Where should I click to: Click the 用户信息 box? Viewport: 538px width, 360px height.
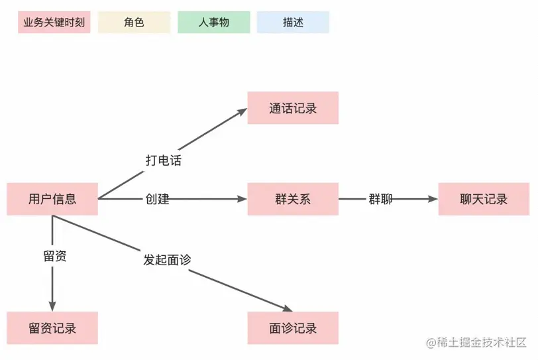[x=52, y=199]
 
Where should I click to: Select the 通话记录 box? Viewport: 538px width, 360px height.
[x=293, y=108]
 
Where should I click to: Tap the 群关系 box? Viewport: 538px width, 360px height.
[x=293, y=199]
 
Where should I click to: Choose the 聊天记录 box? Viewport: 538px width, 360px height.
[x=484, y=199]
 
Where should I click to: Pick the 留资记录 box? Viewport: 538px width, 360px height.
[x=52, y=328]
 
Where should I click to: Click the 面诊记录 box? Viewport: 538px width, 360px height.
[x=293, y=328]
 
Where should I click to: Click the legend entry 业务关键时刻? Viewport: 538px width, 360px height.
[x=54, y=22]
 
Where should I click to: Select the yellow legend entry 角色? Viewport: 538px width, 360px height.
[x=134, y=22]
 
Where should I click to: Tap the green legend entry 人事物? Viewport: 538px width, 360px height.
[x=213, y=22]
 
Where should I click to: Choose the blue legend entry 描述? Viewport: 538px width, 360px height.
[x=293, y=22]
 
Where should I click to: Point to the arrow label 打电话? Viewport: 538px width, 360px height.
[x=163, y=160]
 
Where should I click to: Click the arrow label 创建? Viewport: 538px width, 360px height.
[x=158, y=199]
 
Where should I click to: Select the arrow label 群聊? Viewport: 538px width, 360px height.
[x=380, y=199]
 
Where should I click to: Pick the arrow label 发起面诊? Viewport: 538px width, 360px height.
[x=167, y=260]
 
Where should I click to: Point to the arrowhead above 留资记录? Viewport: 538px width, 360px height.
[x=52, y=306]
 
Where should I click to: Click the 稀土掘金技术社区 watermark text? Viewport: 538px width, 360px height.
[x=476, y=342]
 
